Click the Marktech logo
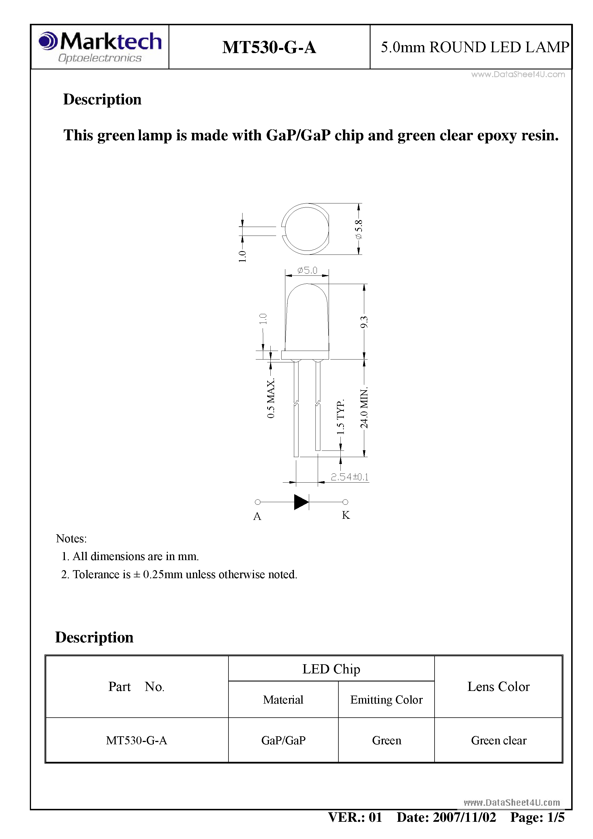tap(100, 47)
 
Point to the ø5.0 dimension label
tap(307, 270)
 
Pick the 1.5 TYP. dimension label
tap(340, 417)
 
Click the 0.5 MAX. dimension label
tap(271, 399)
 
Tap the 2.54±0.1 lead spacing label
tap(350, 477)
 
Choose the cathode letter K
tap(346, 515)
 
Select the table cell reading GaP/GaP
tap(283, 740)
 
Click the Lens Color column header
tap(498, 687)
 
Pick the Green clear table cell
tap(498, 740)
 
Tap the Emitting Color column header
tap(386, 700)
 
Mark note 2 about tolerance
tap(179, 574)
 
